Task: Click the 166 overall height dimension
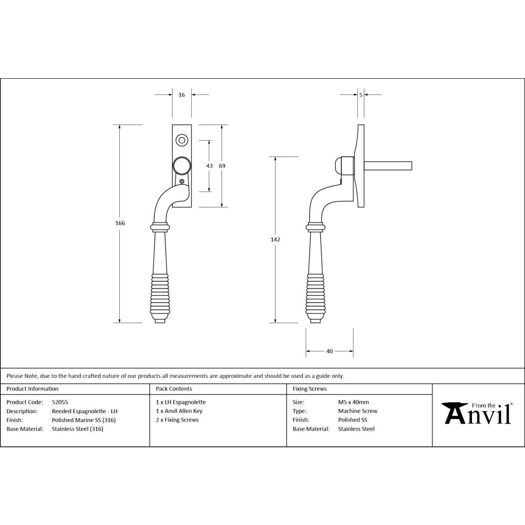(x=120, y=223)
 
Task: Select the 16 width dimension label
(x=182, y=95)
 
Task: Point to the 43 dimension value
(x=209, y=166)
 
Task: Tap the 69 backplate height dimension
(x=222, y=166)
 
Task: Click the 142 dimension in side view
(x=275, y=239)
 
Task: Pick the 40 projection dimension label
(x=329, y=351)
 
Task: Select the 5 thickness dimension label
(x=361, y=95)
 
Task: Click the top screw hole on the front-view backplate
(x=182, y=140)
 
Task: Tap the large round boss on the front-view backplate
(x=182, y=166)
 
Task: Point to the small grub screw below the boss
(x=182, y=182)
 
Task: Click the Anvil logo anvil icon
(x=455, y=412)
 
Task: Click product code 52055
(x=60, y=402)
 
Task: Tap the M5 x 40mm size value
(x=353, y=402)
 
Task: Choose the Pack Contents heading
(x=174, y=389)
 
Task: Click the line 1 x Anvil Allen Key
(x=179, y=411)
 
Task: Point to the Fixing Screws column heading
(x=309, y=389)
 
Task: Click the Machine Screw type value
(x=358, y=411)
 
